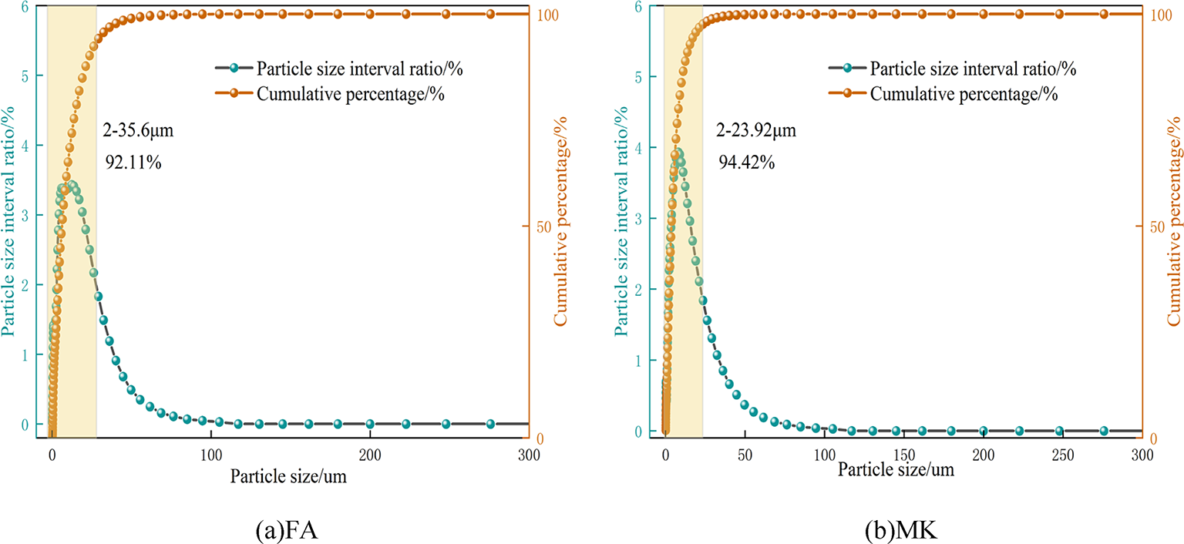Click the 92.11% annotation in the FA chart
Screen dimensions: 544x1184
pyautogui.click(x=133, y=163)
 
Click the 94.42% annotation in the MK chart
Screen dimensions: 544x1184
pyautogui.click(x=746, y=163)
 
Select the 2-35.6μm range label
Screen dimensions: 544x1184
pyautogui.click(x=138, y=130)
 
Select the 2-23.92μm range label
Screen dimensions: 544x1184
pyautogui.click(x=755, y=130)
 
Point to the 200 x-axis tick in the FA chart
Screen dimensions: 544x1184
pyautogui.click(x=370, y=455)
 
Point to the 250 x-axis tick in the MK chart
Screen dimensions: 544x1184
pyautogui.click(x=1063, y=455)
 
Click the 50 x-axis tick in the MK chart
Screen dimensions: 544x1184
pyautogui.click(x=745, y=455)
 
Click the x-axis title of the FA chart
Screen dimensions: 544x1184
pyautogui.click(x=288, y=476)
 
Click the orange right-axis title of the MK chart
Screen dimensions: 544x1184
pyautogui.click(x=1174, y=221)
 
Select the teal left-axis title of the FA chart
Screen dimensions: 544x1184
pyautogui.click(x=8, y=221)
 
